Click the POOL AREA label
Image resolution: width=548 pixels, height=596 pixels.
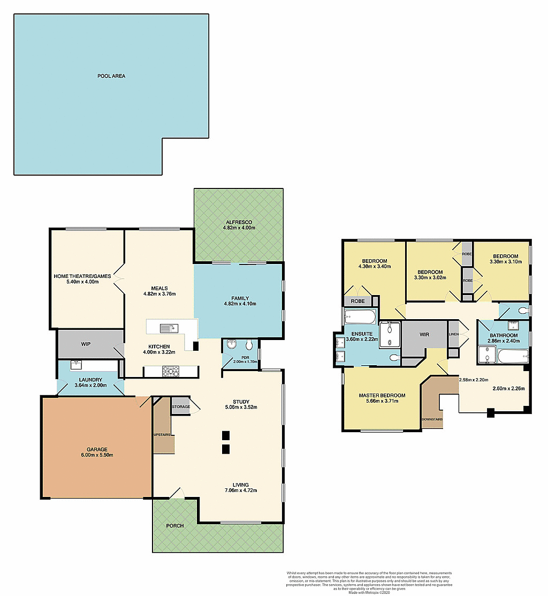[111, 76]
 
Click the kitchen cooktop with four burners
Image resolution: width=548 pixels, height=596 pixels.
[171, 370]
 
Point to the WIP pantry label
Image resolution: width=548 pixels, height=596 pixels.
[86, 344]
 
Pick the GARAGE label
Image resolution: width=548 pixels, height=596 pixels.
[98, 449]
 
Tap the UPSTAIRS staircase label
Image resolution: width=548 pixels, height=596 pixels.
[162, 434]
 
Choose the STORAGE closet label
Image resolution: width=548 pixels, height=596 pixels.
[181, 407]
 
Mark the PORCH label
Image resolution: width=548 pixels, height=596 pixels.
[174, 526]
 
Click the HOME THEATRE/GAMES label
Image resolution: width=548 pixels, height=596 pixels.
[82, 276]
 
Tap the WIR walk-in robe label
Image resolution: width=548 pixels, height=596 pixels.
[424, 334]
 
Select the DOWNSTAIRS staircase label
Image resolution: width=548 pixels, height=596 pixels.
[432, 419]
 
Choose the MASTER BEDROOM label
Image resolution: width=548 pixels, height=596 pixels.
[382, 396]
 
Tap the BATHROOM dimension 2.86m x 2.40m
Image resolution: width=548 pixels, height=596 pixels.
[503, 341]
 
